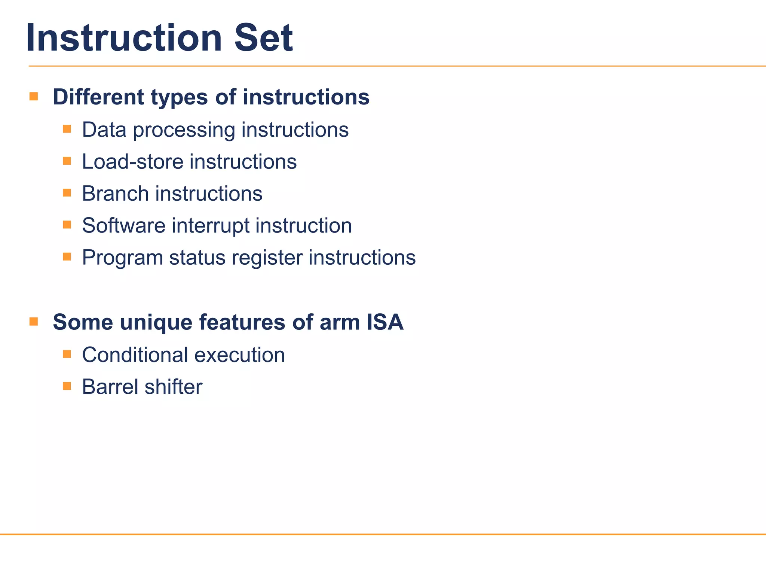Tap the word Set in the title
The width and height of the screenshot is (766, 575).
coord(263,38)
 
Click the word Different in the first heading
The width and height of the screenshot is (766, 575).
coord(98,97)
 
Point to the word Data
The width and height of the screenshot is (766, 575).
coord(104,130)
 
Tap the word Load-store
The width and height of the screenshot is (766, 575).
coord(132,162)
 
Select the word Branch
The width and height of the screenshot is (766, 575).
coord(115,194)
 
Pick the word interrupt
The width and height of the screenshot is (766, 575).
coord(211,226)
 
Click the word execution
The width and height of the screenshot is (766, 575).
coord(240,355)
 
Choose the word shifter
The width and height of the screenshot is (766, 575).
coord(174,387)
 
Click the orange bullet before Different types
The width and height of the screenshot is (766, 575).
coord(34,97)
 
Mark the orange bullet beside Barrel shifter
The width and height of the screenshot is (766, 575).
coord(67,386)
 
